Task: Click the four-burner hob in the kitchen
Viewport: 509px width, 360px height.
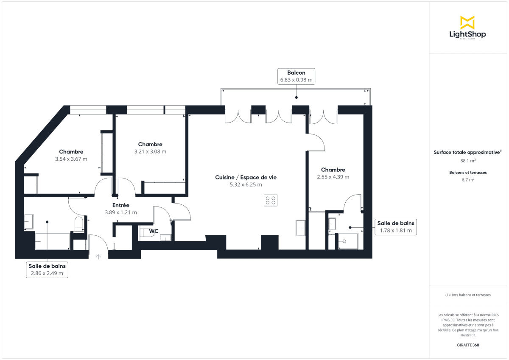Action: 271,200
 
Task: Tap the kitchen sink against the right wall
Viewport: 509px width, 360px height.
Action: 300,228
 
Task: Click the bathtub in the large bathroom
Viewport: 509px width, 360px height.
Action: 53,241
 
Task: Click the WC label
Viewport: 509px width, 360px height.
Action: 154,231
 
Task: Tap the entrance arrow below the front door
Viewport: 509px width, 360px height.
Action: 99,257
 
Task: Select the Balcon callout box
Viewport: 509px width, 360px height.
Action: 296,76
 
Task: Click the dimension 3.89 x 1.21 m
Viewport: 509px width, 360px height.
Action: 121,212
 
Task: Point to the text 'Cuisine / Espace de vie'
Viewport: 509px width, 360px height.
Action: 246,177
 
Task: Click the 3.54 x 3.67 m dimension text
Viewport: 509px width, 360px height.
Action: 71,159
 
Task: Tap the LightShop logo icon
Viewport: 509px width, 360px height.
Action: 467,22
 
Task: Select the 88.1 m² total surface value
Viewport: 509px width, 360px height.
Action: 467,161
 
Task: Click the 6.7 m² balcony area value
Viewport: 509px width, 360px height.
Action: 467,179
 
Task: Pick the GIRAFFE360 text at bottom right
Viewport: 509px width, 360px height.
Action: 467,345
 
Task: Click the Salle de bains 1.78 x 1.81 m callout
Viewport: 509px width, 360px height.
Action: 396,227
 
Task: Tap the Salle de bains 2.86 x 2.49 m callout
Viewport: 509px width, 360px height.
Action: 47,270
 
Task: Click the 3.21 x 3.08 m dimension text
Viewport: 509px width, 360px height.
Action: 150,151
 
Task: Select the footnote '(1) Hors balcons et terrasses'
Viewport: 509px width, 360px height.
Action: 467,295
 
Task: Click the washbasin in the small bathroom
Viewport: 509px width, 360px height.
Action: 332,223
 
